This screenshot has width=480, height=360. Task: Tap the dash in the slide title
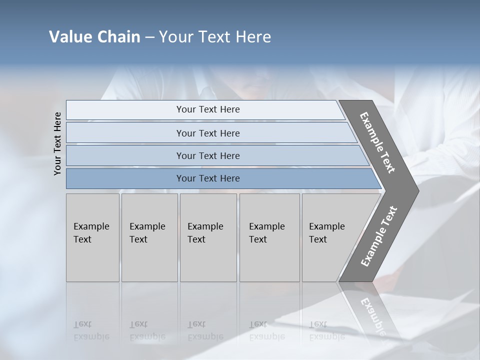coord(149,37)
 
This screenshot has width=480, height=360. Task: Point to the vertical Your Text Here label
coord(57,143)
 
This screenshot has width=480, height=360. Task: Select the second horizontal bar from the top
coord(208,133)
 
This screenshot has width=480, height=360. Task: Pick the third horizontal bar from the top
coord(208,155)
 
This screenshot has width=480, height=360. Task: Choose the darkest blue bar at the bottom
coord(208,178)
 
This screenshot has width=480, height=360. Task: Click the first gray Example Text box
coord(92,237)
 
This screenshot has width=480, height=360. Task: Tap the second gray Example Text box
coord(149,237)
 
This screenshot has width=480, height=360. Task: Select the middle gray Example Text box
coord(208,237)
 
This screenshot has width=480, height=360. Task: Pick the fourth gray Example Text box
coord(269,237)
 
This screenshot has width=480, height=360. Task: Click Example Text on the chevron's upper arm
coord(377,143)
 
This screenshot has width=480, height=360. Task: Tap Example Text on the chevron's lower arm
coord(378,236)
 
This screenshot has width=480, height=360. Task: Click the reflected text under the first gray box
coord(91,330)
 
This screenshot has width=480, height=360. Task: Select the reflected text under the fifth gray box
coord(326,330)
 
